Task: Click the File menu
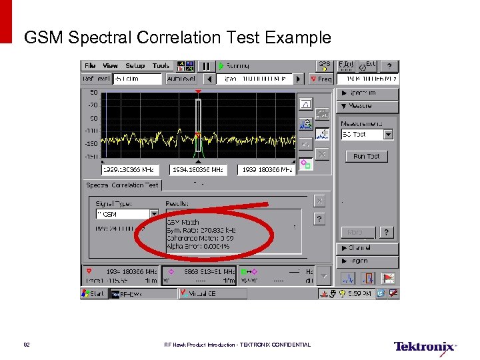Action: tap(89, 66)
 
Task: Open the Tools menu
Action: tap(161, 66)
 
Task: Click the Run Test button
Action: tap(366, 156)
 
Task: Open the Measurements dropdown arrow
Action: tap(388, 134)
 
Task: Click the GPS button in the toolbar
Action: tap(324, 66)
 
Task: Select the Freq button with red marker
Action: tap(321, 79)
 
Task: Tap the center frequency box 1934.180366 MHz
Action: tap(198, 170)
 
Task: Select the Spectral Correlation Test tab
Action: tap(122, 185)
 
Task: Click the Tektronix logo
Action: tap(425, 347)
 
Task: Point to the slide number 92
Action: tap(27, 345)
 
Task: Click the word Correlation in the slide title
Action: tap(179, 37)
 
